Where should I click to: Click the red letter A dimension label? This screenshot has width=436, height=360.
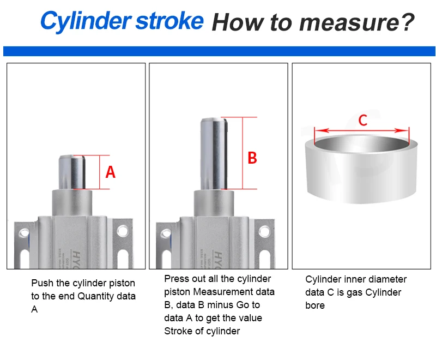coord(111,172)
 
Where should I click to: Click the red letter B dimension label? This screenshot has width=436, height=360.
coord(252,158)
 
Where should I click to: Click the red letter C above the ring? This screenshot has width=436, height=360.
coord(363,119)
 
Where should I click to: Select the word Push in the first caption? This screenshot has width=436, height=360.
coord(41,283)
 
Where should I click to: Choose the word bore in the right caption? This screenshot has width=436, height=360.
coord(315,305)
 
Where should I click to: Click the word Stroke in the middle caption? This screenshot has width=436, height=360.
coord(178,331)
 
